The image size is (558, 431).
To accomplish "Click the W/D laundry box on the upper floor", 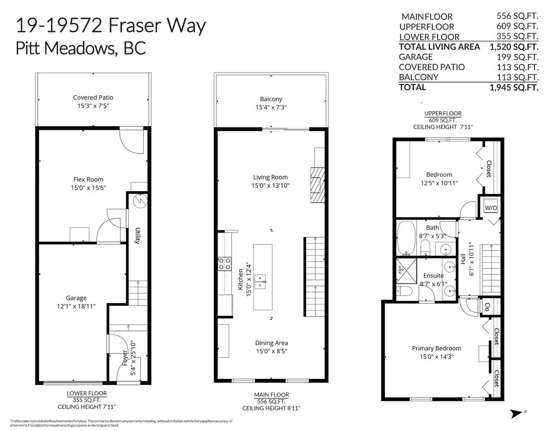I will [491, 208].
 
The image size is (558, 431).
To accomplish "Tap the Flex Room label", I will [88, 179].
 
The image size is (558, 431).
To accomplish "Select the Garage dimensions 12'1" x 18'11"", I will [76, 306].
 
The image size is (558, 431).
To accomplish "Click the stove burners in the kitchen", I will [224, 265].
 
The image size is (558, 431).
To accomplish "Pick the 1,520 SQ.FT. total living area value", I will [514, 46].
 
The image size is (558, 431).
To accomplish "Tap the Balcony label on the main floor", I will [271, 99].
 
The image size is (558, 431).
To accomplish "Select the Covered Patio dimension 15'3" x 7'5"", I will [93, 106].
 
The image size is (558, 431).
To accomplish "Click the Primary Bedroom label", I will [436, 348].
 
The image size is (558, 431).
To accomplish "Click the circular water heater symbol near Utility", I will [139, 201].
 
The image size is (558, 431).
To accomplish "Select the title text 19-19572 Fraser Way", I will [111, 26].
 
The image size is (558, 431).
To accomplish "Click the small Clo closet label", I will [487, 308].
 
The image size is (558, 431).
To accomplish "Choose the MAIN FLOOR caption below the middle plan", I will [272, 395].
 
